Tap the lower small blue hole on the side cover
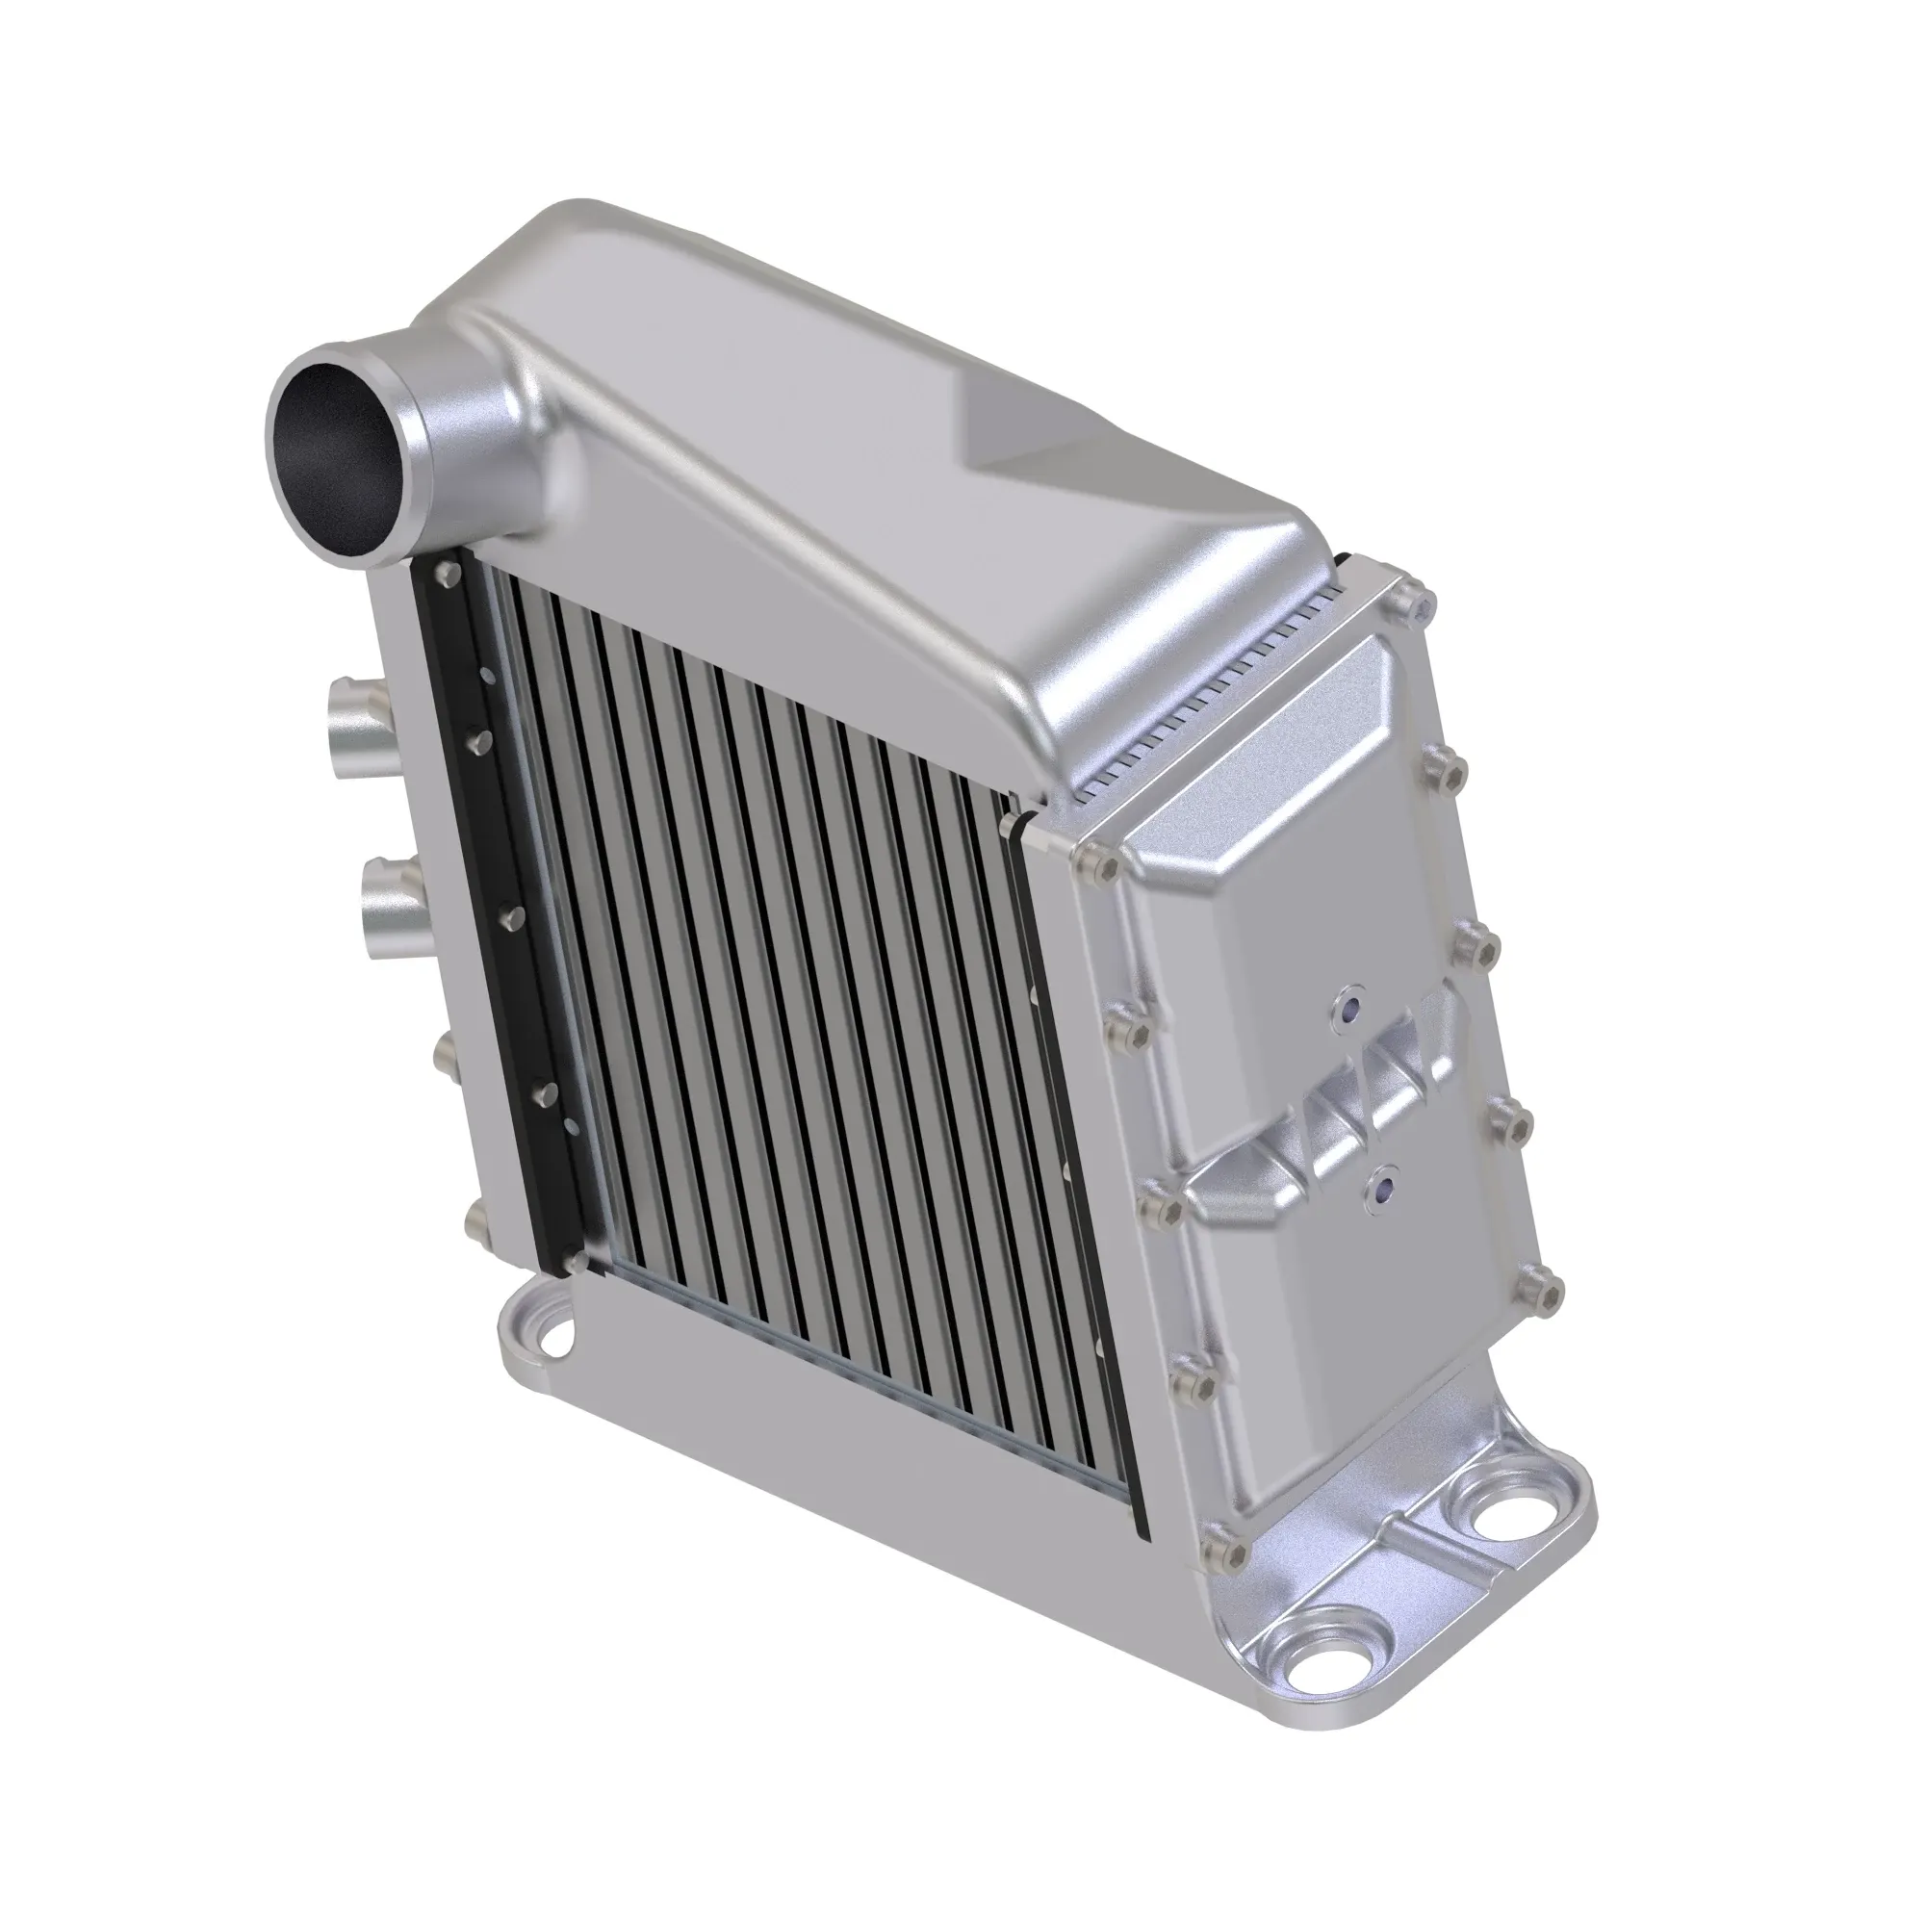[1382, 1187]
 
